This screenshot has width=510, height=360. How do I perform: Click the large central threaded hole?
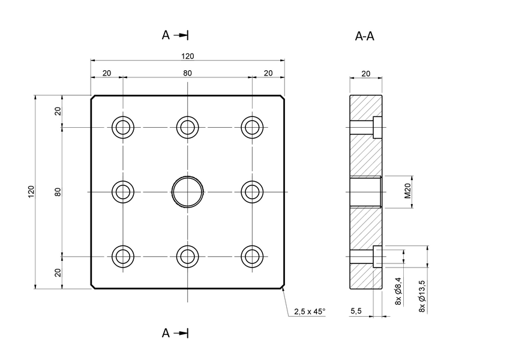(x=187, y=191)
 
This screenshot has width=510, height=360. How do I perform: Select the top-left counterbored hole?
(x=123, y=127)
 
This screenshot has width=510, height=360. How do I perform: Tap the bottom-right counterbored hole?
(x=252, y=256)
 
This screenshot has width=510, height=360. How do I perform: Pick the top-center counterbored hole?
(x=187, y=127)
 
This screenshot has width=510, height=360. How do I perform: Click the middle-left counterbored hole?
(x=123, y=191)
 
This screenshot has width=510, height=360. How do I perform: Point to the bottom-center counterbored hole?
(x=187, y=256)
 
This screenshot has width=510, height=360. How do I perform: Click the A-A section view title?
(x=365, y=37)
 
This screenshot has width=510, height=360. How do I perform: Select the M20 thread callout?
(x=407, y=191)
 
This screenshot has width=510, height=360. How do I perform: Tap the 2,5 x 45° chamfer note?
(x=310, y=311)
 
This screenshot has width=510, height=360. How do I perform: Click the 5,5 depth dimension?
(x=355, y=311)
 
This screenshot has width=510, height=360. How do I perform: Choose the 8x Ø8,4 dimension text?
(x=399, y=292)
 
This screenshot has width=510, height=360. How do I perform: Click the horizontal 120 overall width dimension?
(x=187, y=56)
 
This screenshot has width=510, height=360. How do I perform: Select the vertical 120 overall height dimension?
(x=31, y=191)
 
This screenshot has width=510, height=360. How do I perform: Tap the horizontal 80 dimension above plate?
(x=187, y=73)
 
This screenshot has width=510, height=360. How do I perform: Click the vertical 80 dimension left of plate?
(x=58, y=191)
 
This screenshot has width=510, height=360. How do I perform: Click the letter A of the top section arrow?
(x=166, y=35)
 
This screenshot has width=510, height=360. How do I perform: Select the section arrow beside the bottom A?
(x=182, y=333)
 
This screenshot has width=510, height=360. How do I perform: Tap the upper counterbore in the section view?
(x=377, y=127)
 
